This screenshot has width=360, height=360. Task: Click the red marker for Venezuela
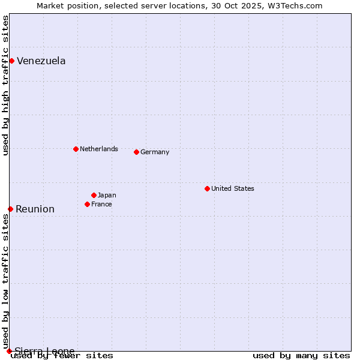pyautogui.click(x=11, y=61)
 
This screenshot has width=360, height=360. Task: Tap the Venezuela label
pyautogui.click(x=41, y=61)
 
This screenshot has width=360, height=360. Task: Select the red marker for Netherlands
pyautogui.click(x=76, y=149)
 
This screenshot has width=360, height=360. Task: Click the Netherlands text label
pyautogui.click(x=98, y=149)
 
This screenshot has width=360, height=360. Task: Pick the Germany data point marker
pyautogui.click(x=136, y=152)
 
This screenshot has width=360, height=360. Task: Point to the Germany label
pyautogui.click(x=155, y=152)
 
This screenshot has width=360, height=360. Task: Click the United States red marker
pyautogui.click(x=207, y=188)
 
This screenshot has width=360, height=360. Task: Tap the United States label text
pyautogui.click(x=232, y=188)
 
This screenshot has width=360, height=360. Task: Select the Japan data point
pyautogui.click(x=94, y=195)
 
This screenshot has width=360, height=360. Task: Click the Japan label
pyautogui.click(x=107, y=196)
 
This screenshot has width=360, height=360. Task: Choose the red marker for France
pyautogui.click(x=87, y=204)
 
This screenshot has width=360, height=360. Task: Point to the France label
pyautogui.click(x=101, y=205)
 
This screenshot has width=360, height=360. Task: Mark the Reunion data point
pyautogui.click(x=10, y=209)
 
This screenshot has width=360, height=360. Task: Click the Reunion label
pyautogui.click(x=35, y=209)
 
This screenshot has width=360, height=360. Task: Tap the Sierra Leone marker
pyautogui.click(x=9, y=351)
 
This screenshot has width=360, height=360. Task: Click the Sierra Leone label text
pyautogui.click(x=44, y=351)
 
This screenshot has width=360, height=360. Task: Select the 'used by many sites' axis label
pyautogui.click(x=301, y=356)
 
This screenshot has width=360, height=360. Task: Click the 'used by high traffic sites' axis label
pyautogui.click(x=6, y=85)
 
